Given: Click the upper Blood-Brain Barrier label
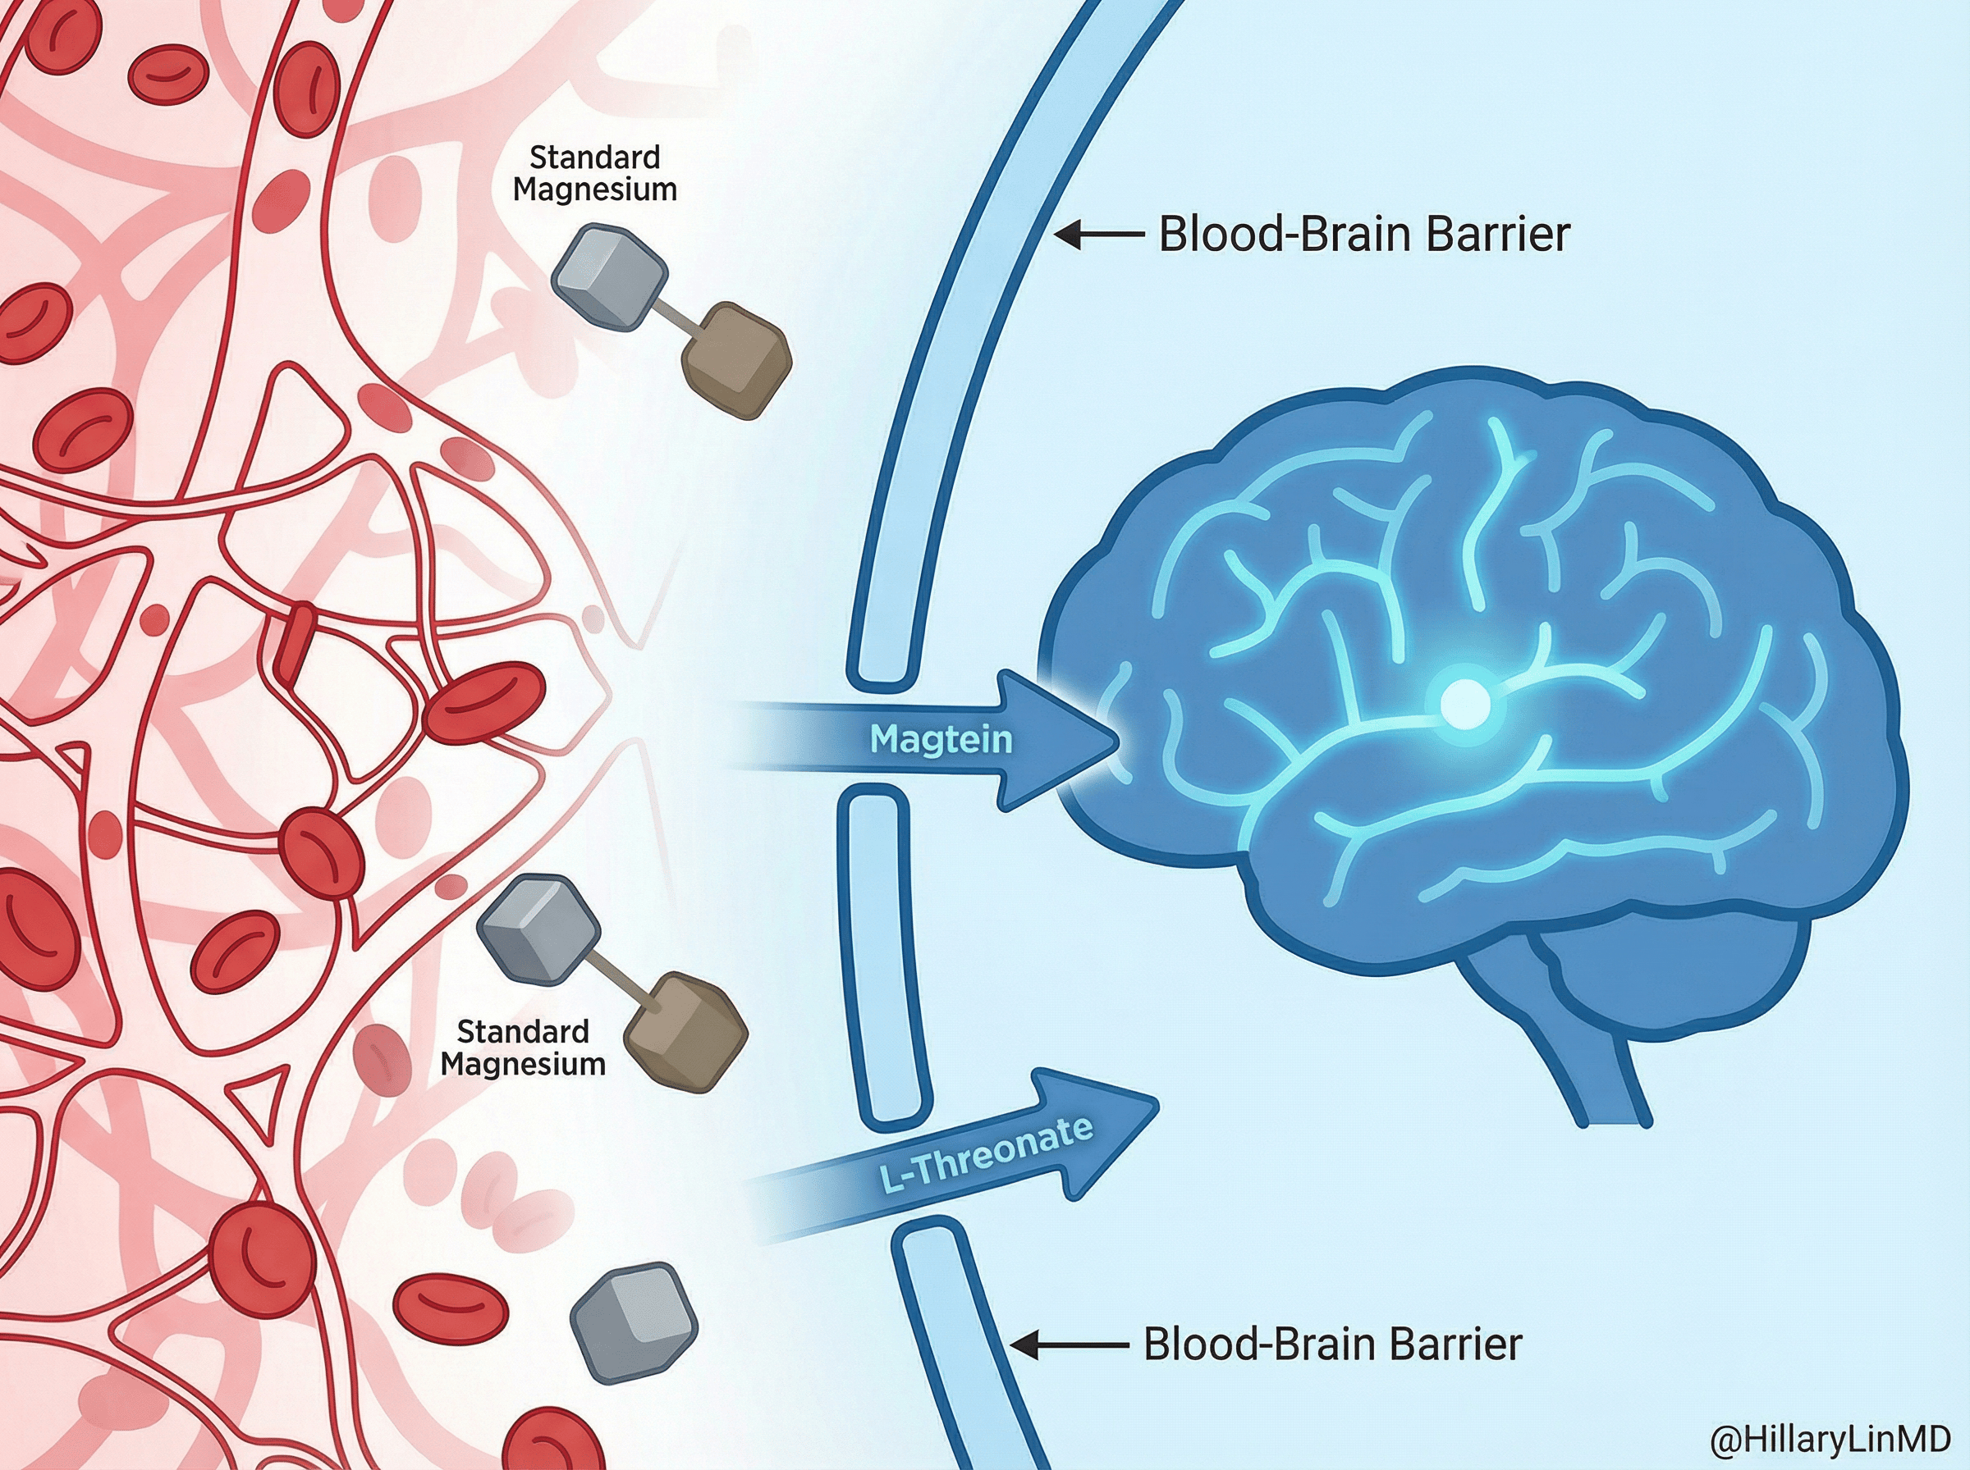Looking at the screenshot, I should click(x=1363, y=235).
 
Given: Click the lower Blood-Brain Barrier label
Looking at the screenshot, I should click(x=1331, y=1344).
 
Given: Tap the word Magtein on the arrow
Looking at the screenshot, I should click(x=941, y=739).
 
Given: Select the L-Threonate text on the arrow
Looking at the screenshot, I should click(x=987, y=1154).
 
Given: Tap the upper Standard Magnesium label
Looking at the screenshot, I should click(x=594, y=174).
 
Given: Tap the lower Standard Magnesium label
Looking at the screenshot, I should click(x=523, y=1048).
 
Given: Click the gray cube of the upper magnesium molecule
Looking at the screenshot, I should click(x=609, y=276).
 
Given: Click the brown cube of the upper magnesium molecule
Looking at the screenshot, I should click(x=736, y=359).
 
